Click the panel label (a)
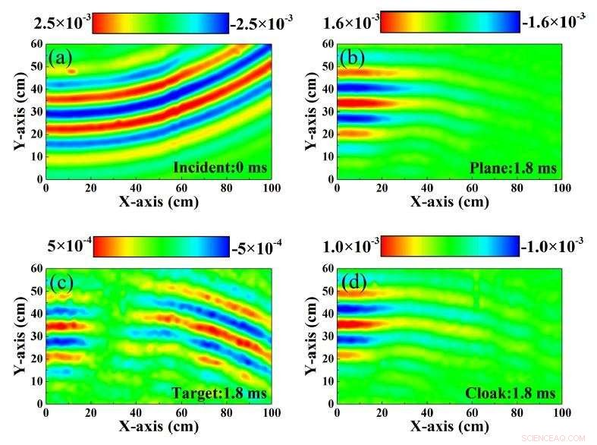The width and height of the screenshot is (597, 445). [60, 58]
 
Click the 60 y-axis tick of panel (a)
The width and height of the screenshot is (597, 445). [35, 44]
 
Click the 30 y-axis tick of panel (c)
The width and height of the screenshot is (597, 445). [35, 335]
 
